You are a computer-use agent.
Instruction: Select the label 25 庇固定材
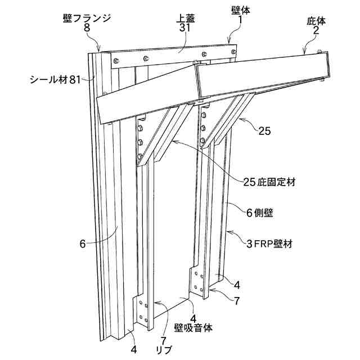pyautogui.click(x=270, y=182)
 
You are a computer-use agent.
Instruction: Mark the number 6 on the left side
pyautogui.click(x=82, y=244)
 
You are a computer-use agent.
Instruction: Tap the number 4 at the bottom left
pyautogui.click(x=134, y=349)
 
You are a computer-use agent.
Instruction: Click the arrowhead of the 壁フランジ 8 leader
pyautogui.click(x=99, y=50)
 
